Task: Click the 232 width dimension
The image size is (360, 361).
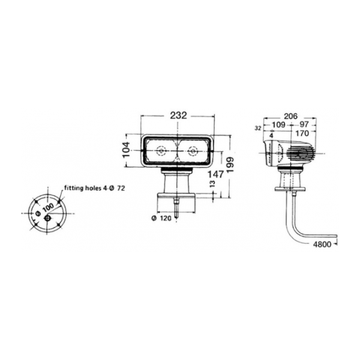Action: coord(179,115)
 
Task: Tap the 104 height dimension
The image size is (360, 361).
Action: coord(126,150)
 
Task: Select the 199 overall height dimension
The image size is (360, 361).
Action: coord(230,165)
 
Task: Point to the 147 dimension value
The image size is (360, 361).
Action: coord(216,174)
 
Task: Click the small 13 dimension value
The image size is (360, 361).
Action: coord(212,184)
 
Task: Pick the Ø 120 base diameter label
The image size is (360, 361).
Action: coord(161,218)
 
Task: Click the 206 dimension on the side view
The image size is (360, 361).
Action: coord(290,116)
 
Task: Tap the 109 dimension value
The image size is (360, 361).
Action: coord(278,124)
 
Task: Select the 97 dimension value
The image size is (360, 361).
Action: coord(304,124)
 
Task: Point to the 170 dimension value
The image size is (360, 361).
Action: coord(302,133)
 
